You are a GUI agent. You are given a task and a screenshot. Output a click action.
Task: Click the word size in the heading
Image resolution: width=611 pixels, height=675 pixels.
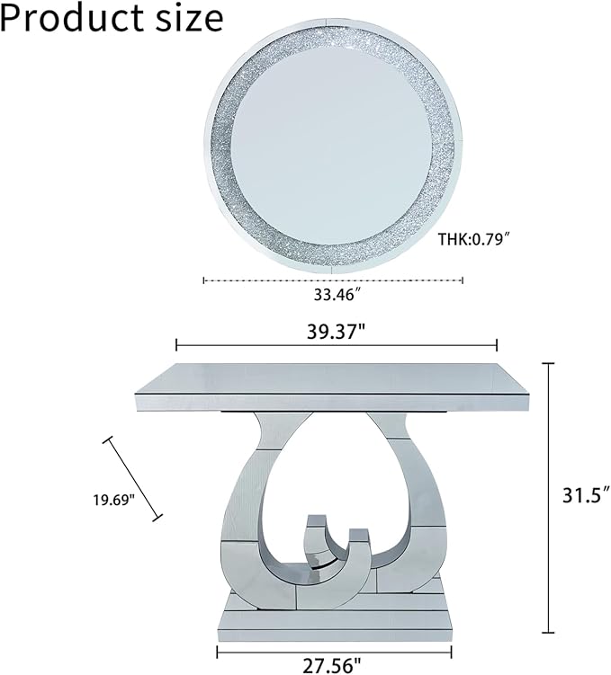point(189,19)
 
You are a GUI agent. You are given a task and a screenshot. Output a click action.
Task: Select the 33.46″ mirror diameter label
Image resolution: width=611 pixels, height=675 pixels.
point(337,295)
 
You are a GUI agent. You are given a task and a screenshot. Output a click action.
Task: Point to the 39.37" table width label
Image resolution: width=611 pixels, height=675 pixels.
point(337,332)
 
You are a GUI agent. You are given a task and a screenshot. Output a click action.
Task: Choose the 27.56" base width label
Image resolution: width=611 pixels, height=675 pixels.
point(331,666)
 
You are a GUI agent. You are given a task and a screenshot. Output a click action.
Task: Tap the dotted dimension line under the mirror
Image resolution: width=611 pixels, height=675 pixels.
point(333,280)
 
